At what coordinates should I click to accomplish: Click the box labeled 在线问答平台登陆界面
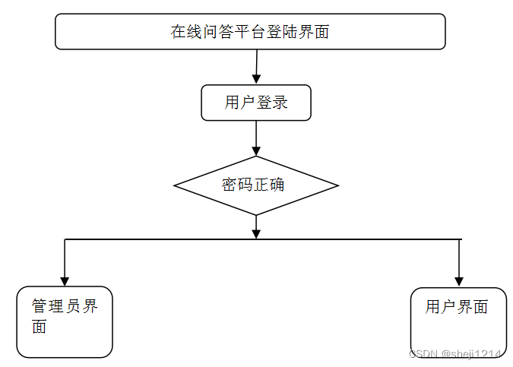250,32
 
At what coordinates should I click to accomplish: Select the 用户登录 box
256,103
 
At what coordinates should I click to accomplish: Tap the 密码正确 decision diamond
256,185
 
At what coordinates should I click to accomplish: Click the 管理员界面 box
65,321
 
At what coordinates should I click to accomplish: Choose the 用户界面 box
458,322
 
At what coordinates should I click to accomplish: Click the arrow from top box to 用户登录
256,67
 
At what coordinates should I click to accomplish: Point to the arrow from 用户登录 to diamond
256,138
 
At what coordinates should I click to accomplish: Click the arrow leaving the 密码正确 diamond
256,226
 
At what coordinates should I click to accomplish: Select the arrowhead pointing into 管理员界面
65,280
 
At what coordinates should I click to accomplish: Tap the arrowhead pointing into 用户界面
458,281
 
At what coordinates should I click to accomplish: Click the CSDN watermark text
454,354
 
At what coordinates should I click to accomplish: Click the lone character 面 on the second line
40,327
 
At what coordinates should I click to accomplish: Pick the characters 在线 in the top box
186,32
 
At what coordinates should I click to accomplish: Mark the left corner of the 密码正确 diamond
176,185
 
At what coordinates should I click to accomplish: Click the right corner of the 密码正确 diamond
337,185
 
